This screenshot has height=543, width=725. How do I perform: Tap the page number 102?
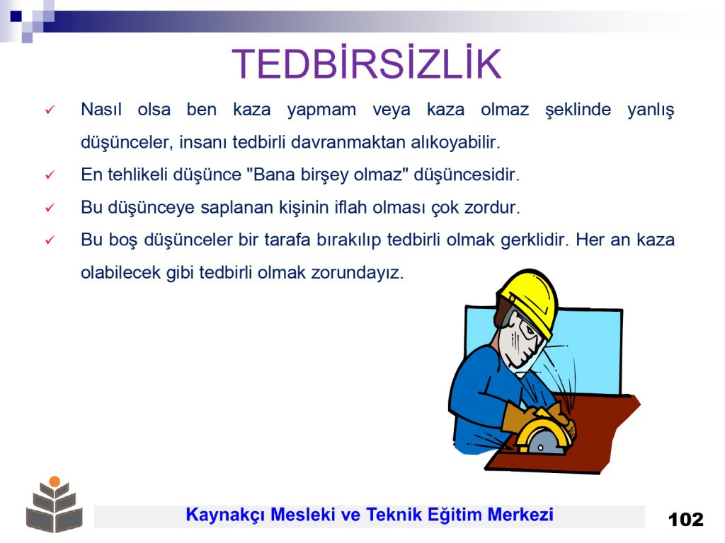click(x=685, y=520)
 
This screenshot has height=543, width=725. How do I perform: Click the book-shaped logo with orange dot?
click(x=55, y=503)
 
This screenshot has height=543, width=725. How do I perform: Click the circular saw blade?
click(x=542, y=441)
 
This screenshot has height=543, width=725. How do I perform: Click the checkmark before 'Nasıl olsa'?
click(x=50, y=110)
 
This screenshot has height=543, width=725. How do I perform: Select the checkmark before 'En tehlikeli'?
click(x=50, y=175)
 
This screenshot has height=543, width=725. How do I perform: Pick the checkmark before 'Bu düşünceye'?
click(x=50, y=208)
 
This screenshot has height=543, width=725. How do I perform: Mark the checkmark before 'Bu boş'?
click(x=50, y=240)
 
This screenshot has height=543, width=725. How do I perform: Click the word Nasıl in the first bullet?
click(x=101, y=110)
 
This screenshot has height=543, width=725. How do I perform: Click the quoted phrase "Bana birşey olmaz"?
click(x=329, y=175)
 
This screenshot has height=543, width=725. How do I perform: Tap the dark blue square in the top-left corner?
click(x=16, y=16)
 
